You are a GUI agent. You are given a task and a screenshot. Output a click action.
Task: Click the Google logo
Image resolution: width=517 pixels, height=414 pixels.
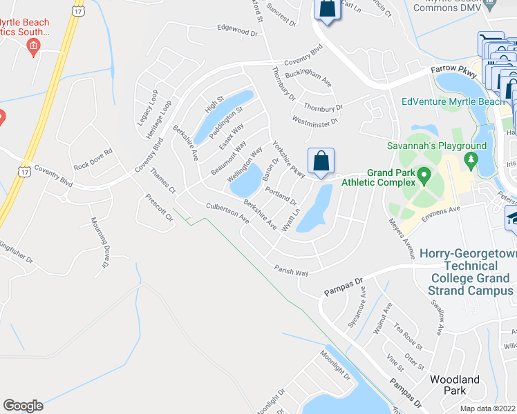(x=23, y=406)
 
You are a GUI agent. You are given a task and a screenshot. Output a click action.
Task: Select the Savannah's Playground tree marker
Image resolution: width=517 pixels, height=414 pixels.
(x=473, y=161)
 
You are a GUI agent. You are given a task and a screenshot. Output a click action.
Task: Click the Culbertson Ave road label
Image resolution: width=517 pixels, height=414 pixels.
(x=227, y=211)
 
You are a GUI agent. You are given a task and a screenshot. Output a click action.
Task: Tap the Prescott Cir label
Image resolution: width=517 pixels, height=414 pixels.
(x=159, y=206)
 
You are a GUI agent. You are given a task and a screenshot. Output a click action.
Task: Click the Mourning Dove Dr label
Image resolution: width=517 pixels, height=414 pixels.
(x=101, y=243)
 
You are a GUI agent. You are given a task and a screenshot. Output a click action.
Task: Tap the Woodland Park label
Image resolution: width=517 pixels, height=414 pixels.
(x=454, y=385)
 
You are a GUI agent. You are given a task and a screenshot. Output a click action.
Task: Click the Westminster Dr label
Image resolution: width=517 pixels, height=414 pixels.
(x=315, y=121)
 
